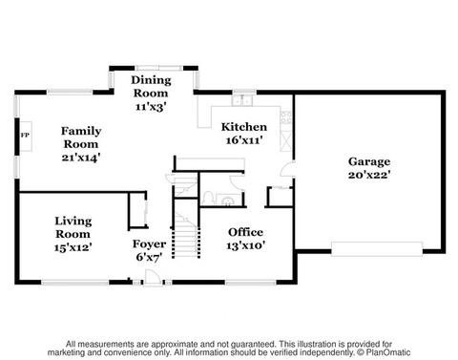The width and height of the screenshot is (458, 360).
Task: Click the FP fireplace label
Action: pos(25,136)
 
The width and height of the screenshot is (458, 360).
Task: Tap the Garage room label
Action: pos(369,161)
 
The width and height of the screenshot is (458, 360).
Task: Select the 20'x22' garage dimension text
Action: pos(369,175)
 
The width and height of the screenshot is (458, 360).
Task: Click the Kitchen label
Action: pos(244,127)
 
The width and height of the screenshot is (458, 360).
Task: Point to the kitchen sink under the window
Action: pos(242,100)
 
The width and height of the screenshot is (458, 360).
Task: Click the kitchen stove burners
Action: pos(285,117)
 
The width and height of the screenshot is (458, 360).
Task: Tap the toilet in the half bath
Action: pos(208,198)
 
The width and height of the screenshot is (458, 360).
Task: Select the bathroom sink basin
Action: pos(228,201)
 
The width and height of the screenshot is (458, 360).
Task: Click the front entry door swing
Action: pos(152,276)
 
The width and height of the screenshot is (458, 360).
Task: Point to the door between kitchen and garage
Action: pos(288,169)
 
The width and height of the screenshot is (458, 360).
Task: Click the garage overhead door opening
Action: pos(377,249)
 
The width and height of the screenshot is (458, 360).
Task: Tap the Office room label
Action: pos(245,232)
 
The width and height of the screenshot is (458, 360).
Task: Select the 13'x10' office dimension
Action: pos(246,245)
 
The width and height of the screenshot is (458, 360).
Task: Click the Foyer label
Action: pos(149,244)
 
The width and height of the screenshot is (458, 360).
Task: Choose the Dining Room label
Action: pos(151,86)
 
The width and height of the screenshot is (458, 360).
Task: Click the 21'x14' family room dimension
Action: pos(81,158)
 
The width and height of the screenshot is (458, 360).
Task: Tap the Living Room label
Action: pos(73,227)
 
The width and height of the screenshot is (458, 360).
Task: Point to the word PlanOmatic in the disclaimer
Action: pos(388,352)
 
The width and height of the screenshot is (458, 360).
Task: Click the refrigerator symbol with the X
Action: pos(285,140)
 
